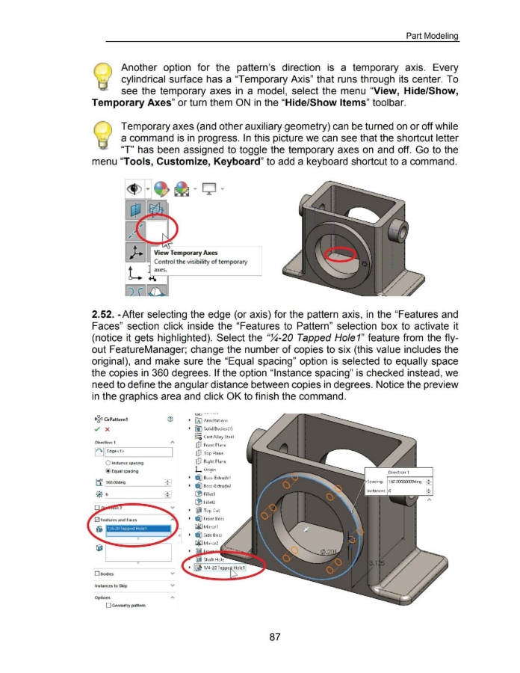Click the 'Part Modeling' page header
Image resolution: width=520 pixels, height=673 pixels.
click(432, 36)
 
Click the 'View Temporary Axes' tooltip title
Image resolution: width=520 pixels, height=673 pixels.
click(187, 252)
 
